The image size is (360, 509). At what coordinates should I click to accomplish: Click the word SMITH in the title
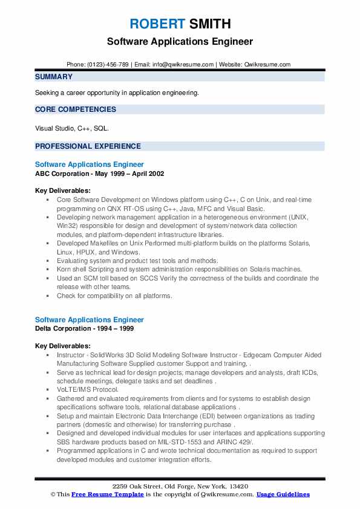pos(209,24)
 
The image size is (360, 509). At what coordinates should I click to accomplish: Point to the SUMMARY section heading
pos(54,77)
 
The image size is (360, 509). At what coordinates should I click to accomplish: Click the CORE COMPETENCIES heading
pos(76,109)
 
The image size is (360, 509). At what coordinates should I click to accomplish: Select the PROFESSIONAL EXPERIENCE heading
pos(88,146)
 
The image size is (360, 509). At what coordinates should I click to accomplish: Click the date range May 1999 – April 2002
pos(133,173)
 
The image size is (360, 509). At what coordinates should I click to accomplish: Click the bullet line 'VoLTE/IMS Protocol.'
pos(88,390)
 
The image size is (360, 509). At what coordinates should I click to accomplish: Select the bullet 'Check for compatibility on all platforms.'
pos(114,296)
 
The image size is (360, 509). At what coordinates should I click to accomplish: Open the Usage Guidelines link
pos(283,494)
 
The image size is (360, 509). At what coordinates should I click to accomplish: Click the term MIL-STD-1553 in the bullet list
pos(189,442)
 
